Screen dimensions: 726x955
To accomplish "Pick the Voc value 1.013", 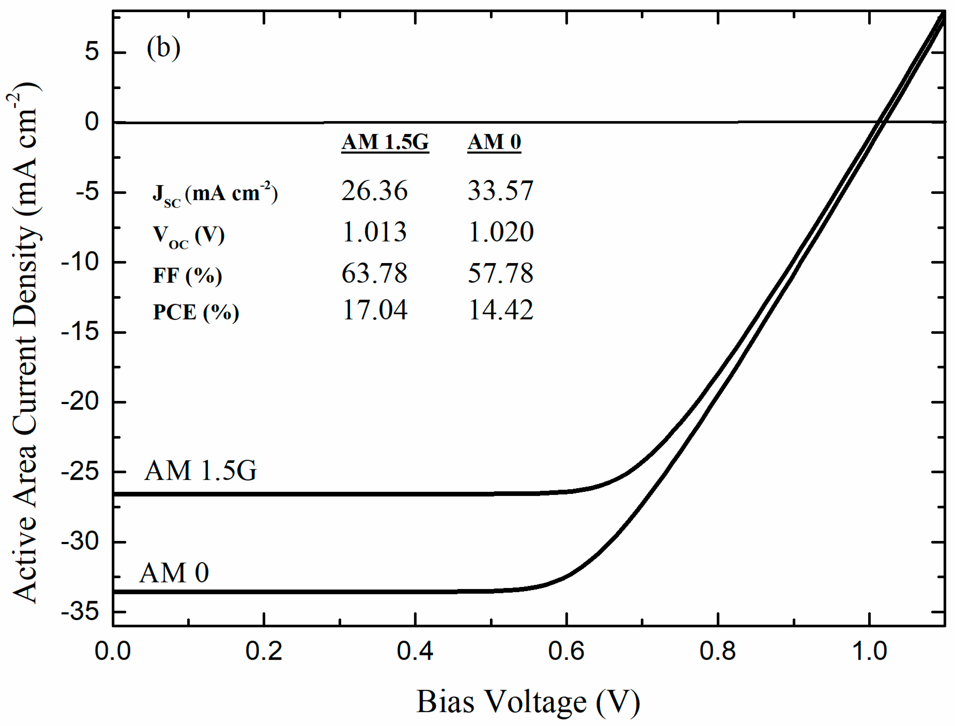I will pos(374,232).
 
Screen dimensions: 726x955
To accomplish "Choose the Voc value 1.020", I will pos(500,232).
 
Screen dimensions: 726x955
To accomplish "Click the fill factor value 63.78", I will pos(374,273).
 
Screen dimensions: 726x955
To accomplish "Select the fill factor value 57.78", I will pos(500,273).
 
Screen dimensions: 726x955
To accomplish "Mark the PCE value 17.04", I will pos(374,310).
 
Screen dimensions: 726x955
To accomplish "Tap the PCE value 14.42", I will pos(500,310).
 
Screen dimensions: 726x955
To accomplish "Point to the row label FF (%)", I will pos(187,275).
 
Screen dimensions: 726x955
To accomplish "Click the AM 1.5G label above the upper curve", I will pos(200,471).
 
